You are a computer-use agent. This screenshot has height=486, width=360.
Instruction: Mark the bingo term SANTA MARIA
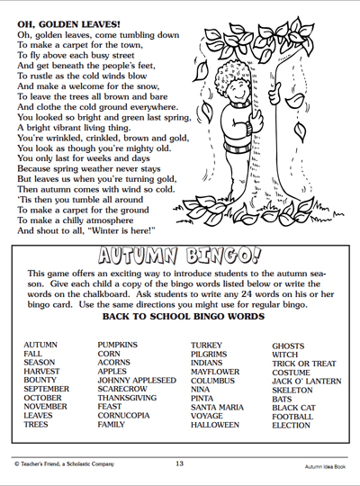[218, 406]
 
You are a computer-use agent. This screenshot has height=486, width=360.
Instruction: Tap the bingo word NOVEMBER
[45, 406]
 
